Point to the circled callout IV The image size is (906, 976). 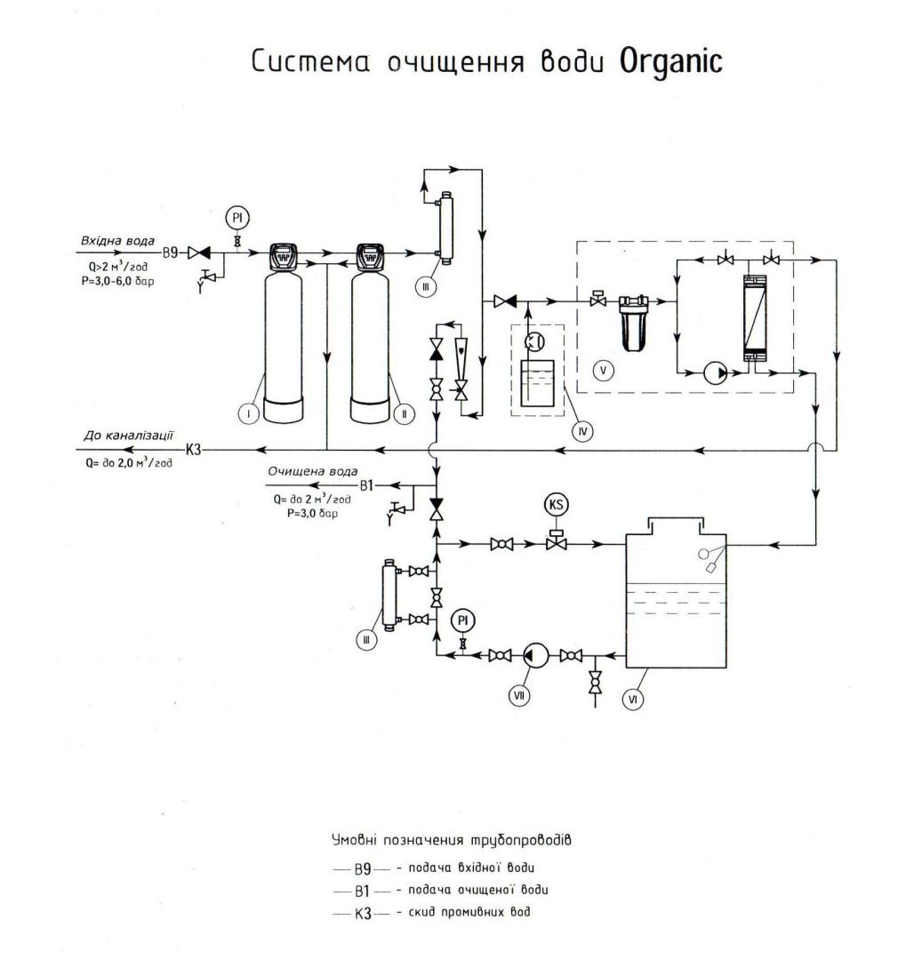tap(583, 430)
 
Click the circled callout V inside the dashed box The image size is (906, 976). tap(605, 370)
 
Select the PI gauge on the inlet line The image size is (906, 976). tap(237, 218)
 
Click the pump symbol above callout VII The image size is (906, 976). tap(533, 655)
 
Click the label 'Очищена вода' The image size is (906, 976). tap(301, 472)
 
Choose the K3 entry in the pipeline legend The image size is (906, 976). tap(363, 912)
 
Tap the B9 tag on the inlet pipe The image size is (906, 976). tap(172, 252)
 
